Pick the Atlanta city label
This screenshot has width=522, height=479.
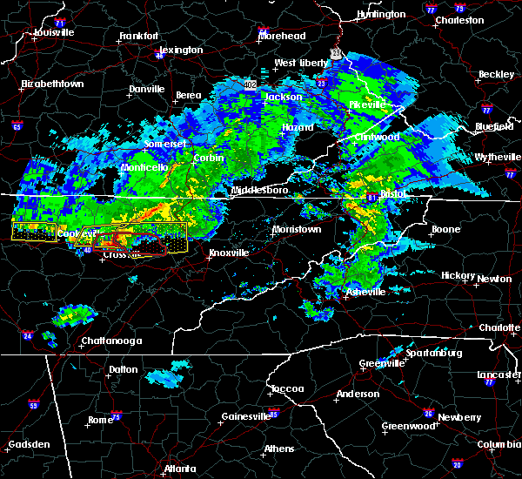(181, 468)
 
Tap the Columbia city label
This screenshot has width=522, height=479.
(498, 445)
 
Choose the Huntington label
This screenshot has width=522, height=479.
(381, 15)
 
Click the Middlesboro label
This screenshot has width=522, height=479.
(255, 190)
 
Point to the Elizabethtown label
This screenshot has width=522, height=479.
(53, 84)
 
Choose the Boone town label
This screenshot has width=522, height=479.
(445, 230)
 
